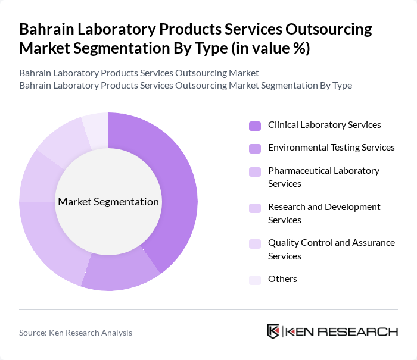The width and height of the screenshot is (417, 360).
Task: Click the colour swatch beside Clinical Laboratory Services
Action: tap(255, 126)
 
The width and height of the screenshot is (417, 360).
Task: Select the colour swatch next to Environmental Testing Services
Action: tap(255, 148)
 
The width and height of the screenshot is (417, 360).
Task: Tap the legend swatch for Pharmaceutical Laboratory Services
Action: tap(255, 171)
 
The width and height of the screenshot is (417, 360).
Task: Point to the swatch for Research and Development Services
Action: tap(255, 208)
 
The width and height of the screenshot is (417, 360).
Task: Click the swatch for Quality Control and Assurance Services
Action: tap(255, 243)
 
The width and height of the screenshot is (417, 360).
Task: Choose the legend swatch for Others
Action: tap(255, 280)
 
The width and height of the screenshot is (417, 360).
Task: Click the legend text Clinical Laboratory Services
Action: tap(325, 125)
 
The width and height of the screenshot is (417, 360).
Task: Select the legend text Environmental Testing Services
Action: tap(331, 148)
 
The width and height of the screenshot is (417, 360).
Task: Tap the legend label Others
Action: tap(282, 279)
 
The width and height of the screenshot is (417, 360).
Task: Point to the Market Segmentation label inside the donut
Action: tap(108, 202)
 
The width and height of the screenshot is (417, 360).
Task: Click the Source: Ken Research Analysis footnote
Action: tap(76, 333)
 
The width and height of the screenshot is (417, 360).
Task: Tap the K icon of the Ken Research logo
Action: tap(273, 331)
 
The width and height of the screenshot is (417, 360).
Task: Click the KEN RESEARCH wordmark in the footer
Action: tap(342, 331)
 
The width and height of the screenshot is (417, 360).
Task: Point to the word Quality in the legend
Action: tap(284, 243)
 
